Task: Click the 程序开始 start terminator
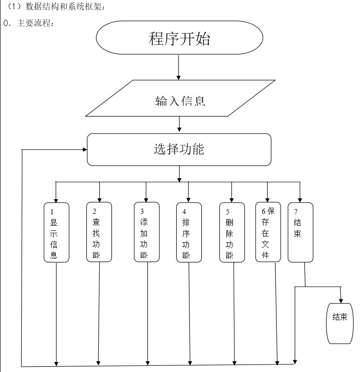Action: (x=179, y=38)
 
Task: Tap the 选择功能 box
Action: (x=179, y=149)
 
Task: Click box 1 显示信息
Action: (x=56, y=232)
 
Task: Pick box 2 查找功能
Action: (x=99, y=232)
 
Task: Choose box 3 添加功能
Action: (x=147, y=232)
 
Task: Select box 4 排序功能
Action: (x=189, y=232)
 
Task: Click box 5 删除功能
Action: (x=232, y=232)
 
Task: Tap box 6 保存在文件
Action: (x=268, y=232)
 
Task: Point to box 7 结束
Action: (x=300, y=232)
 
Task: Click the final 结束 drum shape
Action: (x=340, y=323)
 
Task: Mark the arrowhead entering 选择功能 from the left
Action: (x=85, y=150)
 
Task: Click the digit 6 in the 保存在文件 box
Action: (x=263, y=211)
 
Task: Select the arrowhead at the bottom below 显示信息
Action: (x=56, y=363)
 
